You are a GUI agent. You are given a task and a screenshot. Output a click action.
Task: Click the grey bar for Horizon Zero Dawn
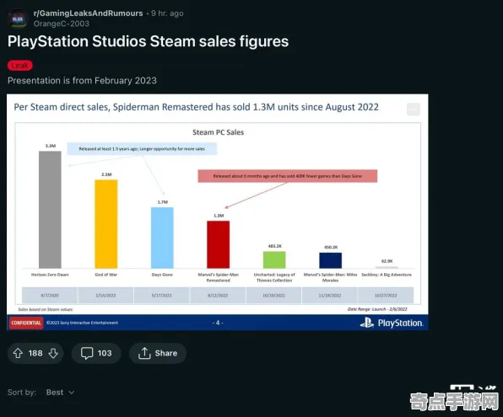(50, 210)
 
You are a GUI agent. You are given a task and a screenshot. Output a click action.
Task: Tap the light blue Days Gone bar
(162, 238)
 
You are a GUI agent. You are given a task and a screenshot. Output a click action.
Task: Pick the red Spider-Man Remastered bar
(219, 245)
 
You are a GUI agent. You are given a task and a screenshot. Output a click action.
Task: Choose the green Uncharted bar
(274, 260)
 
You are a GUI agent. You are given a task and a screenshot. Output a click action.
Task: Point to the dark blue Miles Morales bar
(331, 260)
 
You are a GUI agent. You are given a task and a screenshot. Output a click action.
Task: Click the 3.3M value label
(50, 147)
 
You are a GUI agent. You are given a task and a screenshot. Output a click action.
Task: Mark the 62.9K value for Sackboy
(387, 261)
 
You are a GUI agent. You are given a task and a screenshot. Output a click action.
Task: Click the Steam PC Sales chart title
(218, 132)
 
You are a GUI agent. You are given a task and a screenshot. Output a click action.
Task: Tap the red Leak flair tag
(19, 65)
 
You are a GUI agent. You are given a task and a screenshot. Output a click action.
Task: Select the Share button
(158, 353)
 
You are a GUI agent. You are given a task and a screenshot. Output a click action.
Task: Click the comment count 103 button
(96, 353)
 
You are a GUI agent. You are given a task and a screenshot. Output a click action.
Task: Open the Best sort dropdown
(60, 393)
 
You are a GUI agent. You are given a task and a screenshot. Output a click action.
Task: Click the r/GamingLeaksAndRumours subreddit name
(88, 13)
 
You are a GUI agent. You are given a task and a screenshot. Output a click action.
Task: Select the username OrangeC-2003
(61, 24)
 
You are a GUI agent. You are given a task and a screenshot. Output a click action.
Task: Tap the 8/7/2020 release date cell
(50, 295)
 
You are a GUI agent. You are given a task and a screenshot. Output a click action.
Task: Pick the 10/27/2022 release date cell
(387, 295)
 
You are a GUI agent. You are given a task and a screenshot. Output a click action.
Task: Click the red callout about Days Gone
(287, 176)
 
